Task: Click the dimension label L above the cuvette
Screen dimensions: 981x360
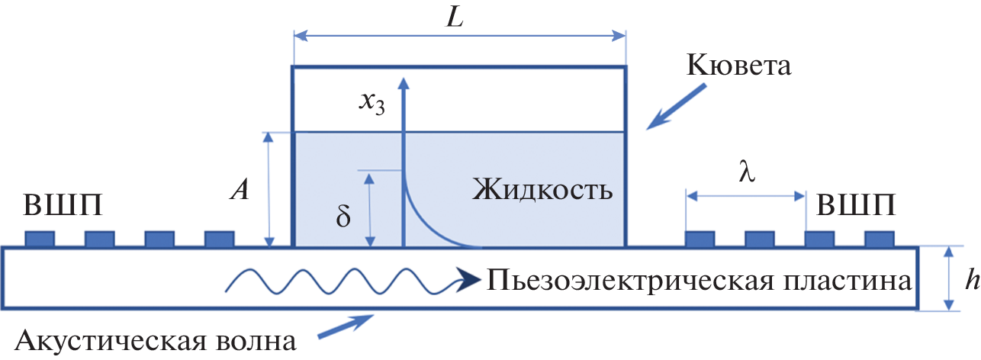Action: [455, 19]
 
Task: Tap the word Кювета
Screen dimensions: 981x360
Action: [738, 66]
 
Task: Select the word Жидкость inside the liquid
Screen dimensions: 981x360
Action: [542, 190]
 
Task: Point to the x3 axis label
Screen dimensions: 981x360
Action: [371, 104]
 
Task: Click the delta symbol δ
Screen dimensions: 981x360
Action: [343, 216]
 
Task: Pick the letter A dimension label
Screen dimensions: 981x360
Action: [240, 190]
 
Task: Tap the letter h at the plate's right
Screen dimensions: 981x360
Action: [973, 278]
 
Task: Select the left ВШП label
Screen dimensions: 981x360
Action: [63, 205]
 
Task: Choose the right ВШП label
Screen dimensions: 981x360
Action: [856, 205]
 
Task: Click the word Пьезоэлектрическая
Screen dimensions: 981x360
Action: [630, 280]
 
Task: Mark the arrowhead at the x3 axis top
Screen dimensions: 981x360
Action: [404, 83]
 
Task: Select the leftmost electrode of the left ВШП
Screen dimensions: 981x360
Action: [40, 239]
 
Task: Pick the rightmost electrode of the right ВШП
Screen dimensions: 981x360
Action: [880, 239]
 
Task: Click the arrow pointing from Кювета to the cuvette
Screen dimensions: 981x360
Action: [676, 107]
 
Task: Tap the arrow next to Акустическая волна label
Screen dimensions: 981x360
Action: [346, 326]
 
